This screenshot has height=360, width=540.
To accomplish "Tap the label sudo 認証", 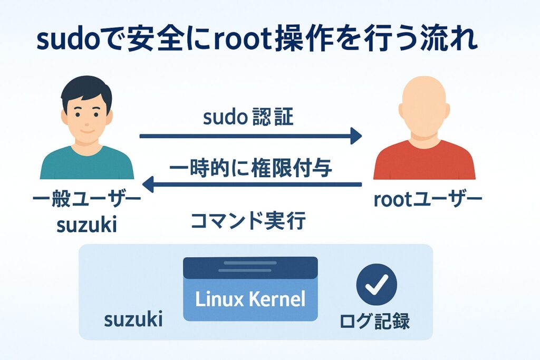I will click(x=248, y=117).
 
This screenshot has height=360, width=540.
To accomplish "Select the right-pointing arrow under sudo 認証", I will click(x=250, y=137).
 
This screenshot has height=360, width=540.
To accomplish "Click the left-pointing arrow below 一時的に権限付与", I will click(x=253, y=184).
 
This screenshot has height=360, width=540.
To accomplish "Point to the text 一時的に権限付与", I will click(x=250, y=169).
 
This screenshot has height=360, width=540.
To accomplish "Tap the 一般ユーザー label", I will click(x=87, y=200).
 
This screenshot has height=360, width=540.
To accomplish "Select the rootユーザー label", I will click(x=427, y=200).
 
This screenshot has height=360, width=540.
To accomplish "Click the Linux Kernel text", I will click(x=250, y=299).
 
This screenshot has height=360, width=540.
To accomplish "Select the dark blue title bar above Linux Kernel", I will click(x=250, y=267).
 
